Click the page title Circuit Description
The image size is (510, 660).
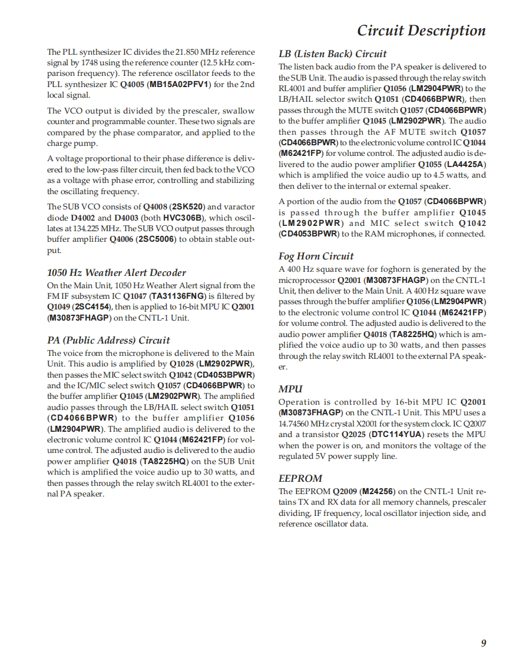pyautogui.click(x=421, y=31)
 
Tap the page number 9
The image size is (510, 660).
pyautogui.click(x=483, y=643)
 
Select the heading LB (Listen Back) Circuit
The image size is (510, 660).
pyautogui.click(x=332, y=54)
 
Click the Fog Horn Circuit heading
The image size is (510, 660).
pyautogui.click(x=316, y=256)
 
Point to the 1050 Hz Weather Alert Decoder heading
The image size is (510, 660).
pyautogui.click(x=116, y=272)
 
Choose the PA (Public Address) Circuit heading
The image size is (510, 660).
pyautogui.click(x=108, y=340)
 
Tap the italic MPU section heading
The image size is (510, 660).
pyautogui.click(x=290, y=389)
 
